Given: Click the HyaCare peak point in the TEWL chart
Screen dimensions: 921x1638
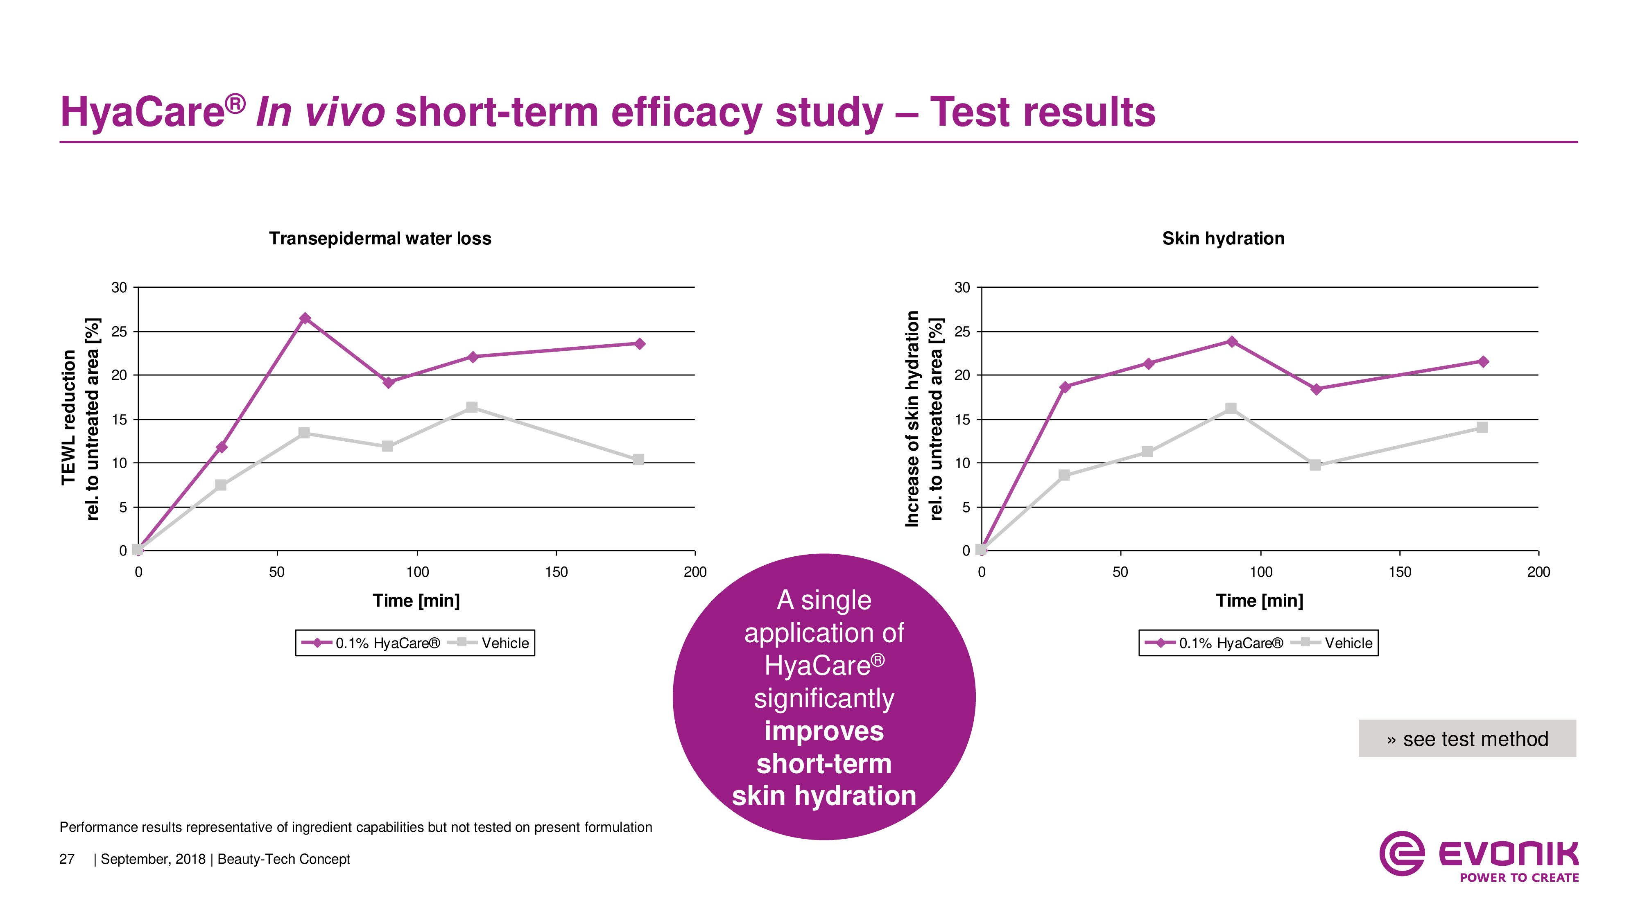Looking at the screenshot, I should (x=305, y=318).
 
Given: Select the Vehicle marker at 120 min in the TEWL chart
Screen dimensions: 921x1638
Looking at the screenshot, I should (x=472, y=407).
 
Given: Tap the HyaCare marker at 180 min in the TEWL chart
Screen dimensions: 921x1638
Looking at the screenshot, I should (x=640, y=344).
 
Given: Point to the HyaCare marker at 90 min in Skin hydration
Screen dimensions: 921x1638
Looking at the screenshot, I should (x=1232, y=342).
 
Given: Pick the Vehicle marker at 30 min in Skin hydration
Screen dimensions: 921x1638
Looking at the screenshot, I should (x=1064, y=475).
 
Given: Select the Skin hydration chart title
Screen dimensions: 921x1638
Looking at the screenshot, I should (x=1223, y=238).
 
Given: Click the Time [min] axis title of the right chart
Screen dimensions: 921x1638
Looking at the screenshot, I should (x=1259, y=600).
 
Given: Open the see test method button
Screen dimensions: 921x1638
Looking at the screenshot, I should (x=1467, y=738).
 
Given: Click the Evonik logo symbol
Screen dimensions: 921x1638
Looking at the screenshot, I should (x=1401, y=853).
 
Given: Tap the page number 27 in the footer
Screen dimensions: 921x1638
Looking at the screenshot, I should (x=67, y=859).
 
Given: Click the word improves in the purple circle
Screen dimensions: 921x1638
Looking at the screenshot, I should (x=824, y=731).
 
